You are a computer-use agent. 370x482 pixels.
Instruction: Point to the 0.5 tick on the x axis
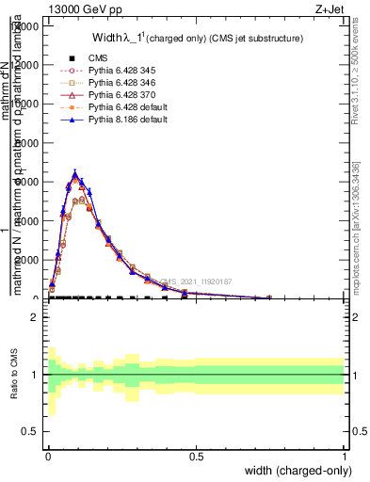coord(196,456)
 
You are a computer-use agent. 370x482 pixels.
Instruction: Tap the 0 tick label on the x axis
coord(48,456)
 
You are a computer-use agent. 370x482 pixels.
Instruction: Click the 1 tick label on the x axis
coord(344,456)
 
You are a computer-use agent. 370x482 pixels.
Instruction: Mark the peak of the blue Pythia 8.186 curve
coord(75,173)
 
